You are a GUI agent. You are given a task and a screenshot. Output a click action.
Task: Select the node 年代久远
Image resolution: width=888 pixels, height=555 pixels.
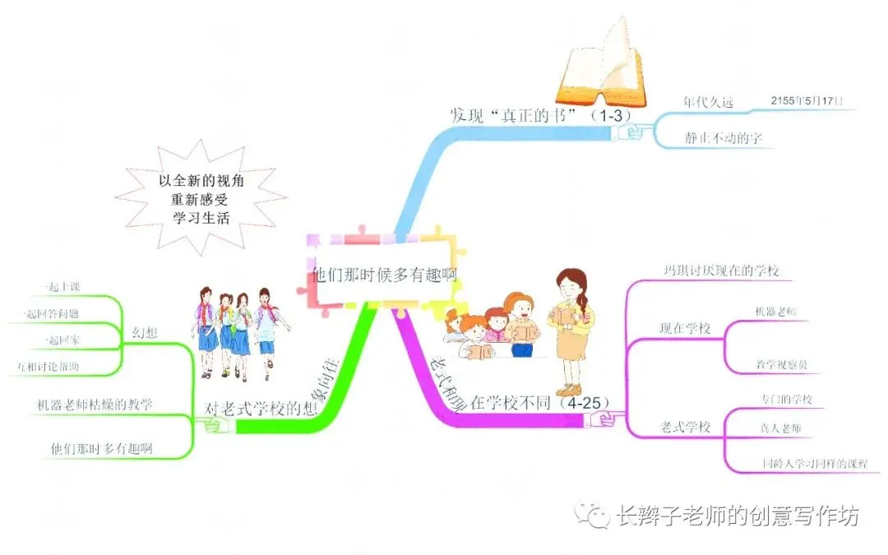pos(708,103)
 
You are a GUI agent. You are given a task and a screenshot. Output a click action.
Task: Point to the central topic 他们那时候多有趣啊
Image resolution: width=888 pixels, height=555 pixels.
pos(385,275)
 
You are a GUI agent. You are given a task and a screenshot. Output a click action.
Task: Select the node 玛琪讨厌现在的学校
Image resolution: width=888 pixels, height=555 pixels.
pos(721,271)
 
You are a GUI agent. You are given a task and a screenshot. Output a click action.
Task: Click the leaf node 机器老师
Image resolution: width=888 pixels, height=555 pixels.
pos(775,312)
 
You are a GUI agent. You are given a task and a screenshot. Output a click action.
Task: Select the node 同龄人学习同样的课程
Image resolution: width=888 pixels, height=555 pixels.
pos(813,464)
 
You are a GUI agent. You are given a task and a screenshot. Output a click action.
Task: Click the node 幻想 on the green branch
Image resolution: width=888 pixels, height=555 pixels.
pos(146,333)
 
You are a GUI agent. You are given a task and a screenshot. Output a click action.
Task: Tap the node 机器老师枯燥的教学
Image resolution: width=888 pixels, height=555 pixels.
pos(95,405)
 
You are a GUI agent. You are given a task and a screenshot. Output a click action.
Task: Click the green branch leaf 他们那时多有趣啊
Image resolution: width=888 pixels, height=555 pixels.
pos(101,449)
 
